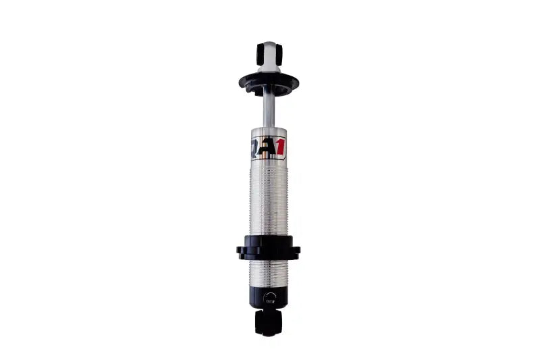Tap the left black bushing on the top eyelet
point(261,53)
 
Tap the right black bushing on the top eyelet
point(277,53)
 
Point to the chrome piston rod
point(269,109)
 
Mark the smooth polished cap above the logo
point(269,132)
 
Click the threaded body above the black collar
point(269,199)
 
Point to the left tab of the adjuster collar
point(241,252)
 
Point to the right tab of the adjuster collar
point(296,252)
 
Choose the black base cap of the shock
point(269,297)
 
